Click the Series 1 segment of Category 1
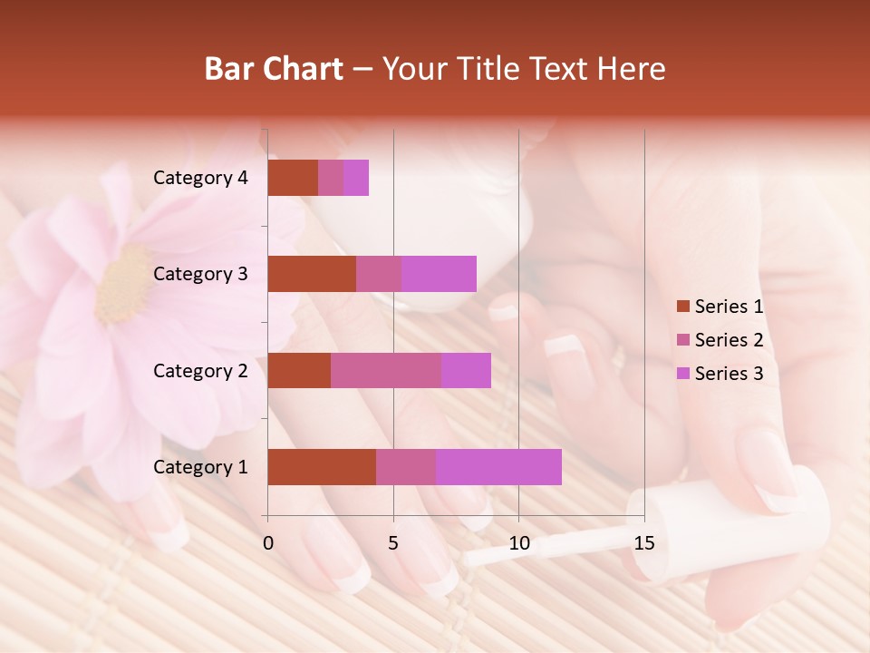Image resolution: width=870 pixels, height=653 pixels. [x=322, y=467]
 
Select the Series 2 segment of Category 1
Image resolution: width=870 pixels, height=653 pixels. [x=406, y=467]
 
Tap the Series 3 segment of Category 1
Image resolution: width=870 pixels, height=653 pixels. [x=498, y=467]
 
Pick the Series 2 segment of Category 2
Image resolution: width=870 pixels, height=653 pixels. [x=386, y=370]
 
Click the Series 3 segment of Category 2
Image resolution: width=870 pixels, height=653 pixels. [x=466, y=370]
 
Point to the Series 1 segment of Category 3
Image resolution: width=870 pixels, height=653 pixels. [x=312, y=274]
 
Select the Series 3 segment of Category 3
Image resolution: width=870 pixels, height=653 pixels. [x=439, y=274]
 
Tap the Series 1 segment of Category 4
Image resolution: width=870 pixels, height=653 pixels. [x=293, y=178]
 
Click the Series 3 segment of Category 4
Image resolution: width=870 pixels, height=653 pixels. [x=356, y=178]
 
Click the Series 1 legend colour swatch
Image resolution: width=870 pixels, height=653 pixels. [x=683, y=307]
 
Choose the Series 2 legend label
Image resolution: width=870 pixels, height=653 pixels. [x=729, y=340]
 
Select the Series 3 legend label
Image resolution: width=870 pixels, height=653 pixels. [x=729, y=374]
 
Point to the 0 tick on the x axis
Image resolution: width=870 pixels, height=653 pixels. [x=267, y=543]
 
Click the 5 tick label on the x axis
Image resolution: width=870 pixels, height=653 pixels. [x=393, y=543]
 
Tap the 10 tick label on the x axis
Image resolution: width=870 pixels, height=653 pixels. [x=518, y=543]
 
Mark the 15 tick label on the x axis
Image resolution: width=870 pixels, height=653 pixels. [x=643, y=543]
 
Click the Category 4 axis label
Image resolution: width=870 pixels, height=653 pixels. [x=200, y=178]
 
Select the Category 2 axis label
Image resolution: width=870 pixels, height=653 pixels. [x=200, y=370]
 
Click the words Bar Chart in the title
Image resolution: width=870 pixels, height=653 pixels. [x=274, y=69]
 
